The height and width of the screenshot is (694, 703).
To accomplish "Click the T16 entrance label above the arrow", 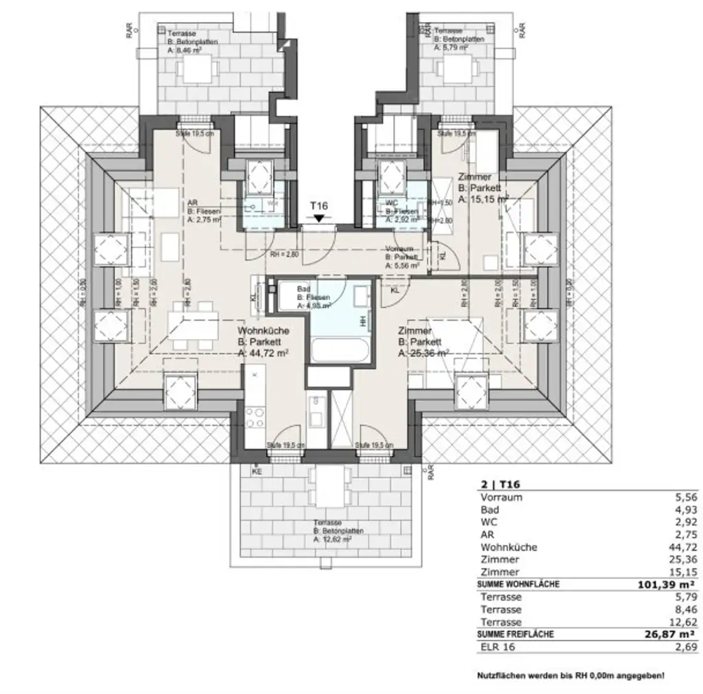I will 319,206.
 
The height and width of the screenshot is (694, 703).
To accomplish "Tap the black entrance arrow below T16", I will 319,218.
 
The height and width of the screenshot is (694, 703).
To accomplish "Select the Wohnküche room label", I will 263,342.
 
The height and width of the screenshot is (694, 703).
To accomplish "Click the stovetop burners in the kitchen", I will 255,418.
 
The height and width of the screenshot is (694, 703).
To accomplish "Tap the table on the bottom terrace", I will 330,487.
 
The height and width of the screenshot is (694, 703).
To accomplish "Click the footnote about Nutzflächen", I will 571,676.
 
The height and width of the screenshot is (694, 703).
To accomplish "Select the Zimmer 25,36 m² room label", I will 424,342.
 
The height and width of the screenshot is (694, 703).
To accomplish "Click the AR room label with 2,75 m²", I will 203,211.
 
